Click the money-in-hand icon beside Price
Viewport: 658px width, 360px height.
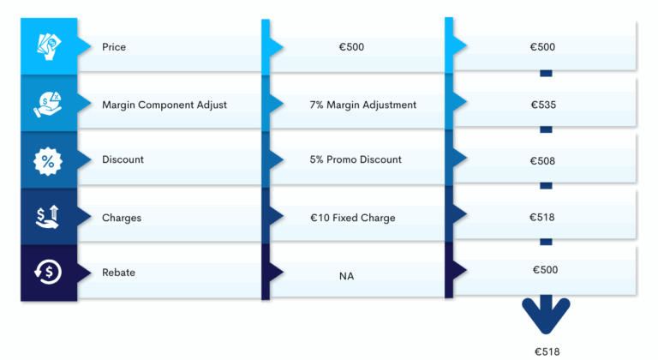click(48, 45)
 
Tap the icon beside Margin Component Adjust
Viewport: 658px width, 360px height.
click(48, 103)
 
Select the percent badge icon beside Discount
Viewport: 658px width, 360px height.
click(48, 159)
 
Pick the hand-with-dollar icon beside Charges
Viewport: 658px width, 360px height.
click(48, 217)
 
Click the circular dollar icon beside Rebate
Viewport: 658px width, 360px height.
click(48, 273)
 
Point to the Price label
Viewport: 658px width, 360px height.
click(114, 47)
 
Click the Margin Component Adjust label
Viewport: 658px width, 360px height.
click(164, 105)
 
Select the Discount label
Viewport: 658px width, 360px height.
click(123, 159)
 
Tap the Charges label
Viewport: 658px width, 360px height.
click(122, 218)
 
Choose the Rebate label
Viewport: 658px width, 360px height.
click(118, 273)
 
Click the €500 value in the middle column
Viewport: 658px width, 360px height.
click(351, 47)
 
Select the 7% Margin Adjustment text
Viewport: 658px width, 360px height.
click(363, 105)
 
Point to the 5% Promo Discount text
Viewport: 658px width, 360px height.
click(356, 159)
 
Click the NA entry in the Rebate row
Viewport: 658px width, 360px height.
click(347, 276)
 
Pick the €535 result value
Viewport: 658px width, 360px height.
click(543, 105)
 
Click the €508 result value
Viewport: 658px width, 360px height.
click(543, 160)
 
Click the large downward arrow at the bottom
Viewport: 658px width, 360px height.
click(546, 317)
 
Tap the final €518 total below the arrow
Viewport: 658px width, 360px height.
click(547, 351)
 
